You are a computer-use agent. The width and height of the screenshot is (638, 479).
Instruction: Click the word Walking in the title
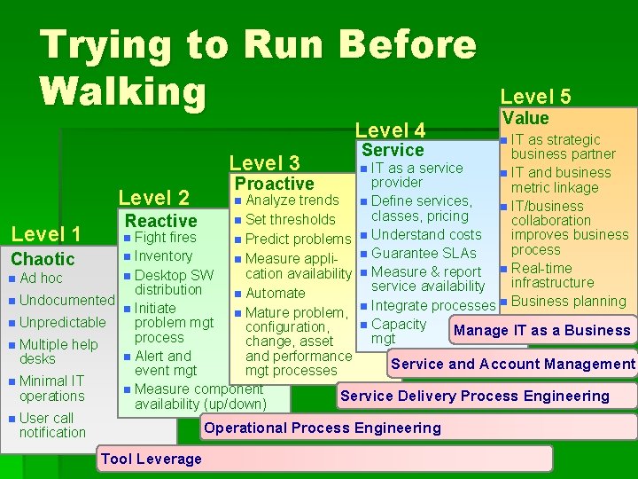(123, 90)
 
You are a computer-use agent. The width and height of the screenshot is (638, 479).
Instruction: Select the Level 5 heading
(535, 97)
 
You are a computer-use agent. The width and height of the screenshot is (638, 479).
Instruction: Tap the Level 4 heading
(390, 130)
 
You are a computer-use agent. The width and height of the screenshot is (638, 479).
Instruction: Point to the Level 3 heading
(265, 162)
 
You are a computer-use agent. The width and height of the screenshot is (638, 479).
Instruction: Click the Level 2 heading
(154, 197)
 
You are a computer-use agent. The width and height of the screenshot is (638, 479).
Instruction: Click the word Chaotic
(43, 259)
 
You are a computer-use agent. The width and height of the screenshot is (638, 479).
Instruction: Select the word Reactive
(161, 220)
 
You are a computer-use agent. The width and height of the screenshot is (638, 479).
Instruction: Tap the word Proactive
(275, 184)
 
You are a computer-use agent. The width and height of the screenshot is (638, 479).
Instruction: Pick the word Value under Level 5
(525, 118)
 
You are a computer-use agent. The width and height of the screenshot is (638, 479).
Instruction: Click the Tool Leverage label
(152, 459)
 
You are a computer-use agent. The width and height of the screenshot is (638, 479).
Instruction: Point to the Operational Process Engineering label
(323, 428)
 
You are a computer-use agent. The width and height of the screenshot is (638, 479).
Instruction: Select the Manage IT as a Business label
(541, 330)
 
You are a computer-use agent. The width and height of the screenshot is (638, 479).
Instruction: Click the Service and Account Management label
(513, 364)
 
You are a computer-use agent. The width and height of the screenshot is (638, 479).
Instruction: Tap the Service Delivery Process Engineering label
(475, 396)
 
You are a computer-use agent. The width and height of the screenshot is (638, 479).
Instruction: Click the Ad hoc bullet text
(41, 279)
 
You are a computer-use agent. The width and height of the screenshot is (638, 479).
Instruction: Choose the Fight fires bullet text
(165, 238)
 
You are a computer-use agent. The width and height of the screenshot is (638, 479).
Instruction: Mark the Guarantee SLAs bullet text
(424, 253)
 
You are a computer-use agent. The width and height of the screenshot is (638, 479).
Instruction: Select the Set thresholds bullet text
(290, 219)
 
